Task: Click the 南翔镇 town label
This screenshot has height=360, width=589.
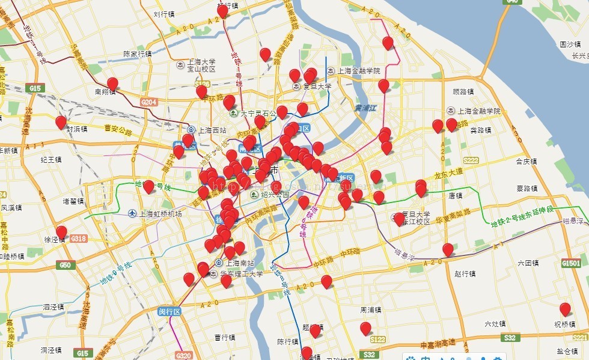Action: [105, 92]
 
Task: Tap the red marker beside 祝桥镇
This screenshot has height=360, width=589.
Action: [565, 310]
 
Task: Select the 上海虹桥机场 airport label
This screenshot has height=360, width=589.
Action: [160, 213]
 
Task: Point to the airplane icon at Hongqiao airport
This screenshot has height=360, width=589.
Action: [132, 213]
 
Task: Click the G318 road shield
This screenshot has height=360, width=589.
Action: [79, 239]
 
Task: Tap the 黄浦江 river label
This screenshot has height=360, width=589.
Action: [365, 108]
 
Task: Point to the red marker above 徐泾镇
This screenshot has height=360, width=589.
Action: [61, 232]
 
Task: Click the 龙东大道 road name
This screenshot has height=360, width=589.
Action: [448, 172]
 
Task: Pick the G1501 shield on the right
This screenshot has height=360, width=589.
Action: [571, 263]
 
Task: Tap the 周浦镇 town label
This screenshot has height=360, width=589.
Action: [371, 310]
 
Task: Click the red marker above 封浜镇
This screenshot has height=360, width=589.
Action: [61, 122]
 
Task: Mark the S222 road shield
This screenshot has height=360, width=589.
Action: [471, 160]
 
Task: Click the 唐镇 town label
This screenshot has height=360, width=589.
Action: [455, 195]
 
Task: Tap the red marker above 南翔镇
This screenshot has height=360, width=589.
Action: [112, 84]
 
